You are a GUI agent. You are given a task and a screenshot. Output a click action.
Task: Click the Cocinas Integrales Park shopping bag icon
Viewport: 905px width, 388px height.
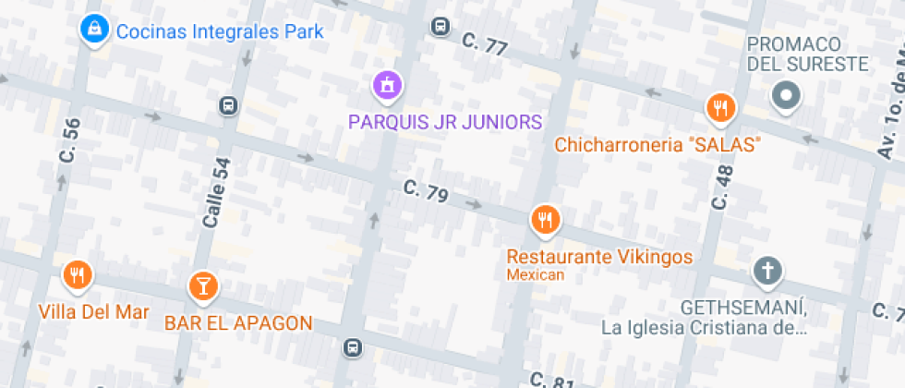coord(92,30)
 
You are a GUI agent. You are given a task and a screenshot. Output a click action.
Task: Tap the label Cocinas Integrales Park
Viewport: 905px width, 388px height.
coord(220,32)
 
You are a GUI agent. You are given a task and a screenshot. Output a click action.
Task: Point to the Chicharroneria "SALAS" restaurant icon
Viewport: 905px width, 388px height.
coord(719,109)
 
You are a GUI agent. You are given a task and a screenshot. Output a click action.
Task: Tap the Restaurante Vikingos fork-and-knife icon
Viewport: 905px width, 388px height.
coord(545,220)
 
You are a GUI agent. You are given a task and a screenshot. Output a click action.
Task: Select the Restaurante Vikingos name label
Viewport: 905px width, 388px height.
coord(600,256)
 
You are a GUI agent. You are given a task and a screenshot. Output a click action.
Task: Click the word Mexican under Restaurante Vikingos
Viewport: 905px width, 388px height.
coord(535,274)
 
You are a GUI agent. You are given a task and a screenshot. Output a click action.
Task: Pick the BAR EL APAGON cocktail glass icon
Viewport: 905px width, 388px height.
coord(202,285)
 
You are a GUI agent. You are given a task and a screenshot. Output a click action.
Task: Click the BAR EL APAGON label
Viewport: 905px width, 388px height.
coord(238,323)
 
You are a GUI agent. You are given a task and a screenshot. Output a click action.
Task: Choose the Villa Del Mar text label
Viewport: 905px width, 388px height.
coord(94,311)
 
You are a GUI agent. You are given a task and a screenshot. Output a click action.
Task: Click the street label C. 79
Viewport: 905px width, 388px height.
coord(426,192)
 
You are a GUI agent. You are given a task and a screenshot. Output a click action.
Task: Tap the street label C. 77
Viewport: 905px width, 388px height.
coord(485,44)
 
